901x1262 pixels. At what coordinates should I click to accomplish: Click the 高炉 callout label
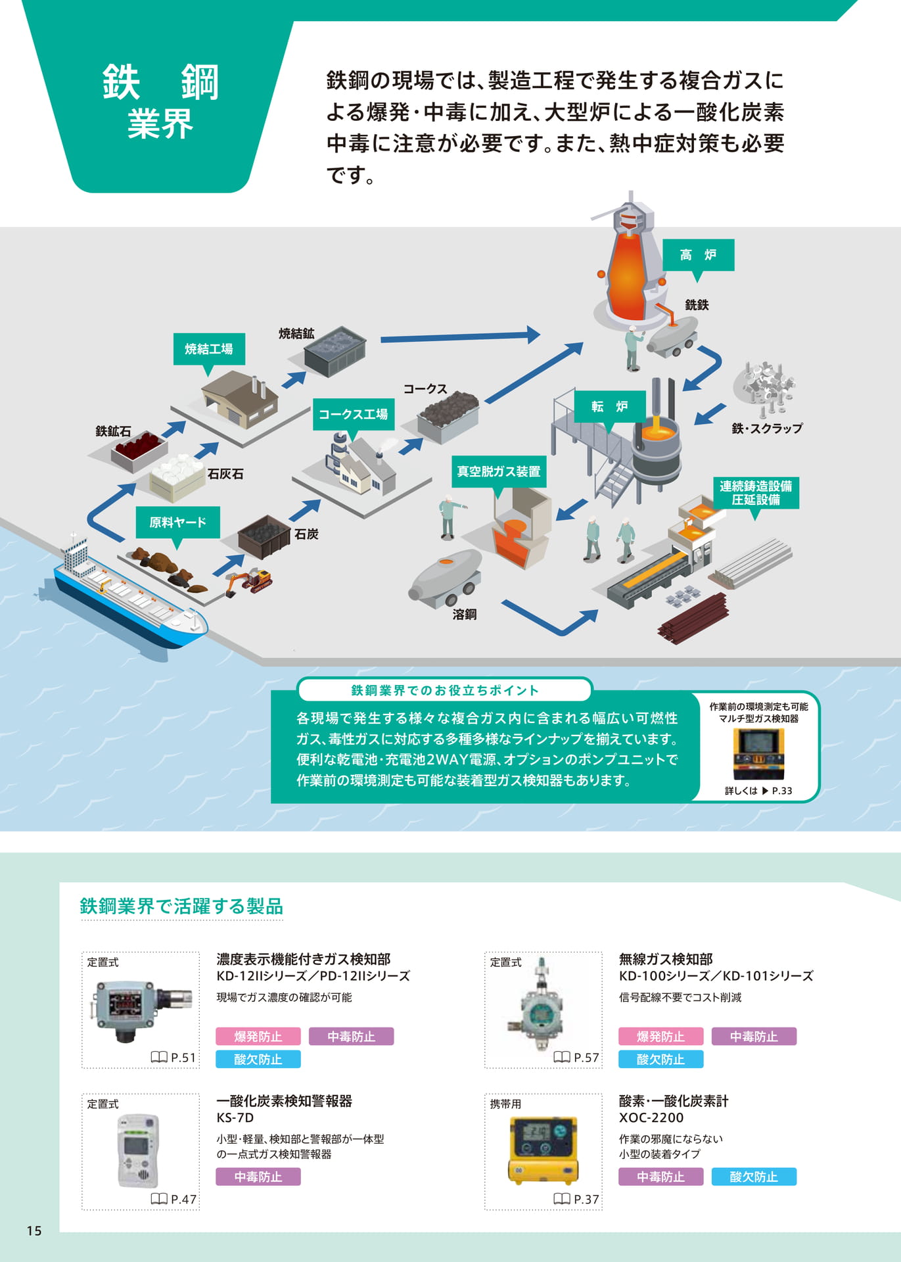click(698, 255)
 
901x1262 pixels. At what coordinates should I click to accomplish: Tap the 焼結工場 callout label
click(209, 349)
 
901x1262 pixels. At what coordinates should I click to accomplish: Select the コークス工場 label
click(353, 414)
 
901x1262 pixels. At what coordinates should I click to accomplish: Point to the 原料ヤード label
click(177, 523)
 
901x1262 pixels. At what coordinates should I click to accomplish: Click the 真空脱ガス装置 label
click(499, 471)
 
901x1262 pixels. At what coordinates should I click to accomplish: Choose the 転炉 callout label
click(610, 407)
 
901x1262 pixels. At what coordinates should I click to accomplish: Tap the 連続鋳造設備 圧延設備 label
click(756, 493)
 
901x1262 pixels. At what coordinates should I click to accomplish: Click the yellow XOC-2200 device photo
click(543, 1151)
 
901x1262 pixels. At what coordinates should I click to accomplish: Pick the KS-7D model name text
click(235, 1118)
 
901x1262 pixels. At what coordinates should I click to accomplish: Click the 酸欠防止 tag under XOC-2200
click(754, 1177)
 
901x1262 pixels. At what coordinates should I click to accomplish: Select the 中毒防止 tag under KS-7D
click(258, 1177)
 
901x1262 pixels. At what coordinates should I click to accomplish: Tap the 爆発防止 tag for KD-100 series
click(660, 1037)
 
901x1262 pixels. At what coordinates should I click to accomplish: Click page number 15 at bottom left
click(34, 1230)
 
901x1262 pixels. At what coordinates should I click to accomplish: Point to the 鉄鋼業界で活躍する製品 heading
click(181, 906)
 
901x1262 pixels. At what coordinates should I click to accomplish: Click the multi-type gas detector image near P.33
click(758, 754)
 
